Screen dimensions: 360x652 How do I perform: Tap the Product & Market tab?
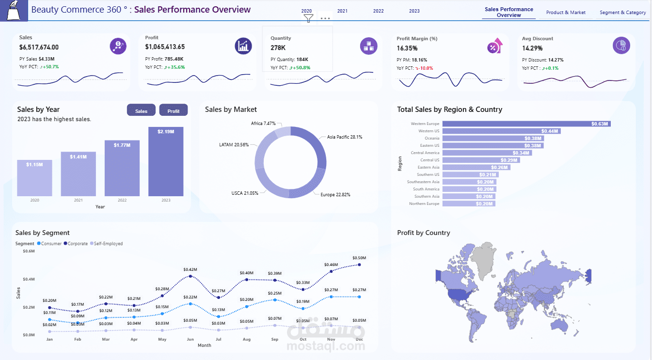(x=566, y=13)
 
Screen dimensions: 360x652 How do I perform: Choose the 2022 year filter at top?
(x=379, y=11)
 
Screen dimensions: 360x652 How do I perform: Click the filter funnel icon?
(x=308, y=18)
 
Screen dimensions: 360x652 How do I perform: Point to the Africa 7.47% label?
(x=263, y=124)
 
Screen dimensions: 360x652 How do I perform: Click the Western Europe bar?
(x=526, y=124)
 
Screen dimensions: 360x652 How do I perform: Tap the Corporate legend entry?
(x=77, y=244)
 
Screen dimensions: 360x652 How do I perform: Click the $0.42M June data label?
(x=190, y=269)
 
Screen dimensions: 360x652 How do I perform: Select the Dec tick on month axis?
(x=360, y=340)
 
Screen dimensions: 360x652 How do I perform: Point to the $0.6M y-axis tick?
(x=29, y=251)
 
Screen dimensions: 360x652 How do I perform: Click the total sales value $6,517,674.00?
(x=39, y=47)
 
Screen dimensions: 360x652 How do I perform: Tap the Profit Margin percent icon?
(x=494, y=46)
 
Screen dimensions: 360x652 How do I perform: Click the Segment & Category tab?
(x=622, y=13)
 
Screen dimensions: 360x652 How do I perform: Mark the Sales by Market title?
(x=231, y=110)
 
